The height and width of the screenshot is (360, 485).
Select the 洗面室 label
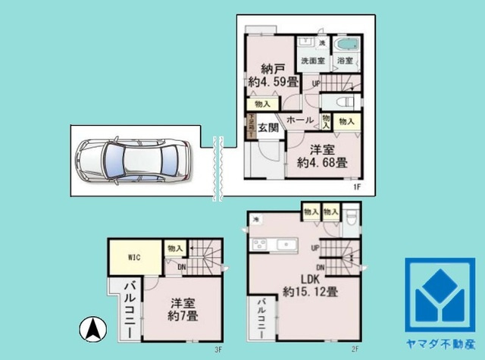[x=312, y=61]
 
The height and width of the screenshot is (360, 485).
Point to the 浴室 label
[x=346, y=61]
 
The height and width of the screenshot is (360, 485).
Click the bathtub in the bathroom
[x=346, y=44]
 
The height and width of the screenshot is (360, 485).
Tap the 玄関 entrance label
[x=266, y=127]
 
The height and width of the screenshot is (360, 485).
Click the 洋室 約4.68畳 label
[x=322, y=155]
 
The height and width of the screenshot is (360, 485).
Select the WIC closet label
[x=133, y=256]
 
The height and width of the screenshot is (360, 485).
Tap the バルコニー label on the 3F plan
[x=129, y=311]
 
